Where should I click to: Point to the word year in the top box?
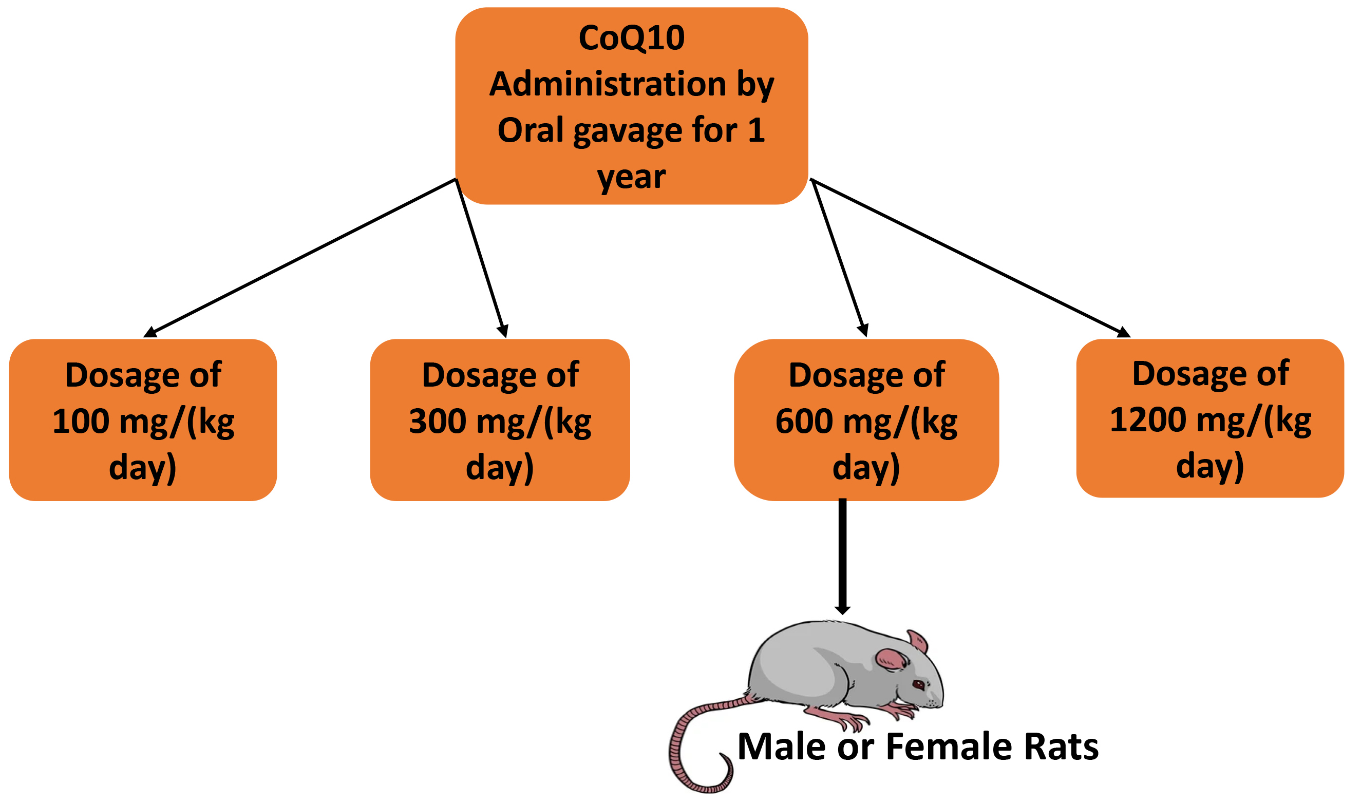tap(632, 178)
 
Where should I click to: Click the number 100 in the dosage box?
tap(81, 422)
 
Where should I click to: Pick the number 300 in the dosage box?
tap(438, 422)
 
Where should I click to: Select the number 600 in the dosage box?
tap(804, 422)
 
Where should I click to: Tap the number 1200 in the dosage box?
tap(1148, 420)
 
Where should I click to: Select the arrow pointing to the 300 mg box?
tap(482, 258)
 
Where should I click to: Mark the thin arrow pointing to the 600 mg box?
tap(839, 258)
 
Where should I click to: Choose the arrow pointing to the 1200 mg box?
tap(970, 258)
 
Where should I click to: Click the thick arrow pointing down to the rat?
tap(843, 557)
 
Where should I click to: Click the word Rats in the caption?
tap(1061, 747)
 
